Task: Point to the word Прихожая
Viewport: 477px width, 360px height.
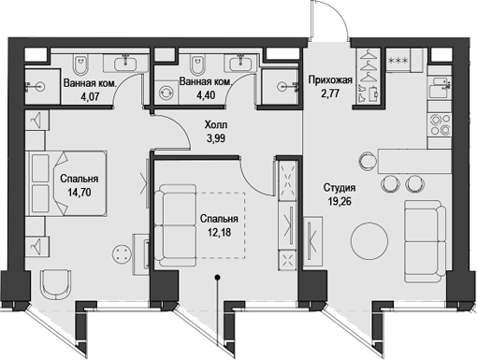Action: pyautogui.click(x=330, y=81)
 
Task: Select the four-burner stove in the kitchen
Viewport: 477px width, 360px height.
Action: pyautogui.click(x=437, y=122)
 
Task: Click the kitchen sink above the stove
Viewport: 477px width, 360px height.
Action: pyautogui.click(x=438, y=92)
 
